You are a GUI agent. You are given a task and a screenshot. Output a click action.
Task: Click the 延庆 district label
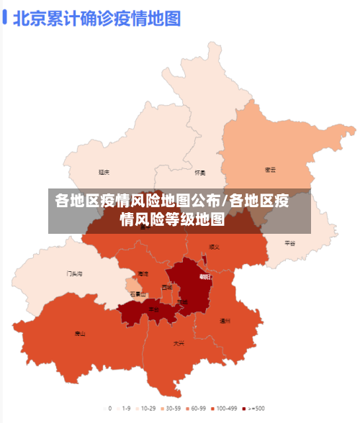104,173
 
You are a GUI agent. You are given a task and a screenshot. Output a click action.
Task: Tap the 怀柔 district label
200,173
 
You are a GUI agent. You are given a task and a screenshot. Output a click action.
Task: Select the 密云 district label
271,170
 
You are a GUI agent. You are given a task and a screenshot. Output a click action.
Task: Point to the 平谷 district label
290,243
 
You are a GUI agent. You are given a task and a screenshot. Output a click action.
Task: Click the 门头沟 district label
75,273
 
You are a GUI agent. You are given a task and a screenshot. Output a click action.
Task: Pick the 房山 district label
80,334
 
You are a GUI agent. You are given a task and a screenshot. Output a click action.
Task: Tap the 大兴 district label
179,343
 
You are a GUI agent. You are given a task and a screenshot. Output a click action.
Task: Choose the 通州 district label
225,321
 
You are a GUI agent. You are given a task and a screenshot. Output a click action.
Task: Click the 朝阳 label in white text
205,276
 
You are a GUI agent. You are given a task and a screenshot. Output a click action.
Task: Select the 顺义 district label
214,247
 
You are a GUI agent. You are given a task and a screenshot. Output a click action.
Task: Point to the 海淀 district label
143,274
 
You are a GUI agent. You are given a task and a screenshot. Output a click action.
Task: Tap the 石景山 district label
138,294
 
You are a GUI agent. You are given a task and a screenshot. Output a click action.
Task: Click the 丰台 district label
153,309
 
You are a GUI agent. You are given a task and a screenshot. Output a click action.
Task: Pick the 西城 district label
167,287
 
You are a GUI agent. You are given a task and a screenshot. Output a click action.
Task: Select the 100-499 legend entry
225,409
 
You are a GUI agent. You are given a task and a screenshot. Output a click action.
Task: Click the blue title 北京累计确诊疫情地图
96,17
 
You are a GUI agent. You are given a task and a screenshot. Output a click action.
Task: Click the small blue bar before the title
5,17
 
